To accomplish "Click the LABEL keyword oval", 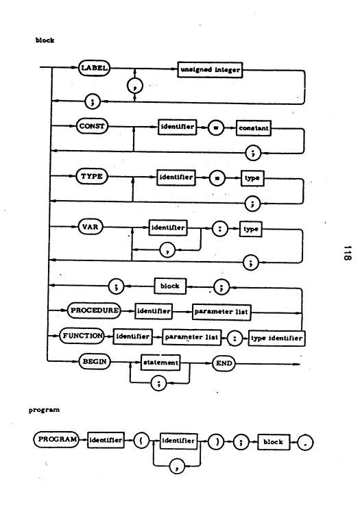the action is [x=94, y=68].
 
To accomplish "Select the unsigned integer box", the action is [x=210, y=70].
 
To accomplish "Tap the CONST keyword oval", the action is [x=92, y=126].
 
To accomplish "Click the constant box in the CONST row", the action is [x=254, y=128].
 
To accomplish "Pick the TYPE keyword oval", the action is [x=92, y=176].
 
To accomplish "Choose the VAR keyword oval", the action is [x=90, y=227].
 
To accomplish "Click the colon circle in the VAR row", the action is [x=219, y=228].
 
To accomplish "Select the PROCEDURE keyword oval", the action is [x=94, y=310].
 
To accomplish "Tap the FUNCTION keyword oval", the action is [x=82, y=336].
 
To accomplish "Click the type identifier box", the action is [x=276, y=339].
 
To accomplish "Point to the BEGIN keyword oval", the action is [x=95, y=362].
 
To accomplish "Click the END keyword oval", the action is [x=224, y=363].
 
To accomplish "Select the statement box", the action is [x=160, y=363].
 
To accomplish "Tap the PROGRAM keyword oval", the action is [x=57, y=439].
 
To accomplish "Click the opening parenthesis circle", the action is [x=141, y=441].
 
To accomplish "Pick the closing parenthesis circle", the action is [x=216, y=441].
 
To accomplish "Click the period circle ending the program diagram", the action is [x=305, y=443].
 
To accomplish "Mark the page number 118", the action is [x=348, y=253].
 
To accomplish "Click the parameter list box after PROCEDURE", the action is [x=221, y=312].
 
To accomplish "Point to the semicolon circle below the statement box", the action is [x=158, y=383].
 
